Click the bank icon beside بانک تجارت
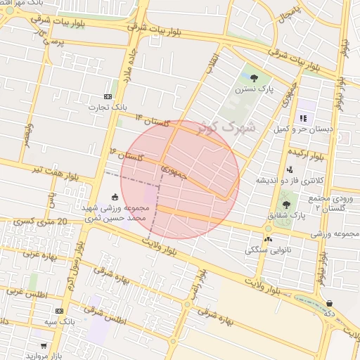(108, 96)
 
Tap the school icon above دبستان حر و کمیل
(304, 118)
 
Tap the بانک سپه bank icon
(59, 310)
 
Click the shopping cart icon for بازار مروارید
(44, 345)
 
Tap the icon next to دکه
(329, 304)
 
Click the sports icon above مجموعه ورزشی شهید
(115, 196)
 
